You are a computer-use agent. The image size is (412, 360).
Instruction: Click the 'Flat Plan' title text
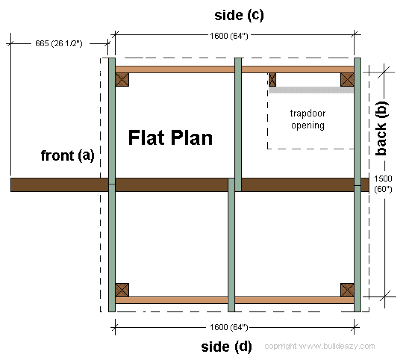170,138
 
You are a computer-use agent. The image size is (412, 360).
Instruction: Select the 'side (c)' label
239,15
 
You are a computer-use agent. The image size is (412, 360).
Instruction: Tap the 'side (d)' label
226,347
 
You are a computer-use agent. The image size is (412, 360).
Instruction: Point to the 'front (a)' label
68,155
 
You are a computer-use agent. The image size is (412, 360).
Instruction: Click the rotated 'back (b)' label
381,128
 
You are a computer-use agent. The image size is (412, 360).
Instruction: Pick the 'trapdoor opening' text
308,119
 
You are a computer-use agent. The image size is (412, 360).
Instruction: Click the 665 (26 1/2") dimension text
59,43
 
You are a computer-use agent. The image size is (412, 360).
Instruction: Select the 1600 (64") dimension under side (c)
229,36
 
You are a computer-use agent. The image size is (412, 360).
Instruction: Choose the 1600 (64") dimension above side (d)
229,327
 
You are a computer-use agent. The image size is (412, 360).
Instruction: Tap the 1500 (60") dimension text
383,184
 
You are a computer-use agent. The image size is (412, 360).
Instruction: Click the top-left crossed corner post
122,80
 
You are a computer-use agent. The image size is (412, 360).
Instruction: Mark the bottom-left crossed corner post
122,290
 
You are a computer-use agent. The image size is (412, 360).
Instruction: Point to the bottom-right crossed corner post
347,290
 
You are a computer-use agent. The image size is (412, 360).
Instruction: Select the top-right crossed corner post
347,80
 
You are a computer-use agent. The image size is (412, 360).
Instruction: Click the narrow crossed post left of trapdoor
272,80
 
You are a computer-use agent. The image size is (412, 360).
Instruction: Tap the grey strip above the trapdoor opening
311,90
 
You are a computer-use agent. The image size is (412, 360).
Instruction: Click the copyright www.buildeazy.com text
319,346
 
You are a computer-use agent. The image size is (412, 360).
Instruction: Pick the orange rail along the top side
235,69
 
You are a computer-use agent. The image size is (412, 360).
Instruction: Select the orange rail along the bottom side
235,300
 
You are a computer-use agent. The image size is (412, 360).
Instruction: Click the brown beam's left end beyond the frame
11,185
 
